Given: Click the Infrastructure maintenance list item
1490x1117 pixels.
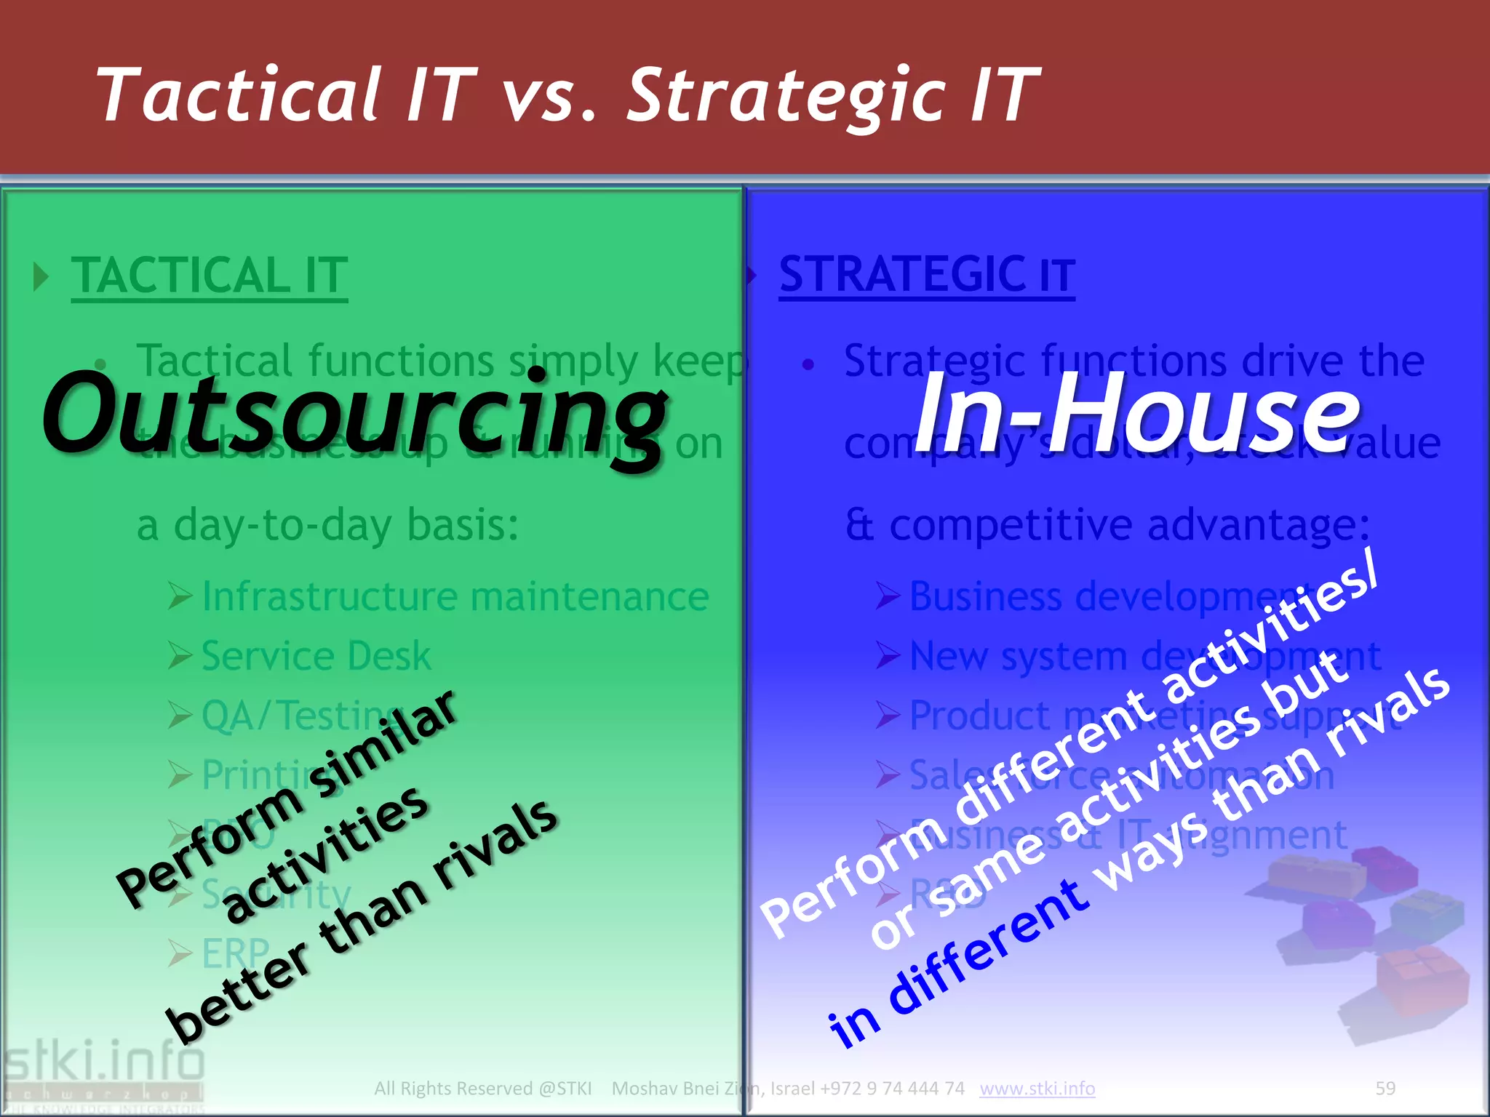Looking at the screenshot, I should point(455,596).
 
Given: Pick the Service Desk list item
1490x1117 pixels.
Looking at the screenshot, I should point(316,656).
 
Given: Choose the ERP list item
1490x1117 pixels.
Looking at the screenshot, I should point(235,953).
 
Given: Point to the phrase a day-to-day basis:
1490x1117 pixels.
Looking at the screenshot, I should point(328,525).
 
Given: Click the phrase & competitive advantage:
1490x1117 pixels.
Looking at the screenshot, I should point(1107,525).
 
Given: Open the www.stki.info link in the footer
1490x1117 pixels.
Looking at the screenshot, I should point(1037,1088).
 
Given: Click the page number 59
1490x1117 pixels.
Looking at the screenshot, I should point(1385,1088).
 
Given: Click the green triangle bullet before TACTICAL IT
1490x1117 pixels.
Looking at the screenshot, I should point(41,277).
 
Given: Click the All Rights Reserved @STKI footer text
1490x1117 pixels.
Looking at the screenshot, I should point(482,1088).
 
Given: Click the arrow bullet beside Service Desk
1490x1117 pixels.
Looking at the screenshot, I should point(180,656).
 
